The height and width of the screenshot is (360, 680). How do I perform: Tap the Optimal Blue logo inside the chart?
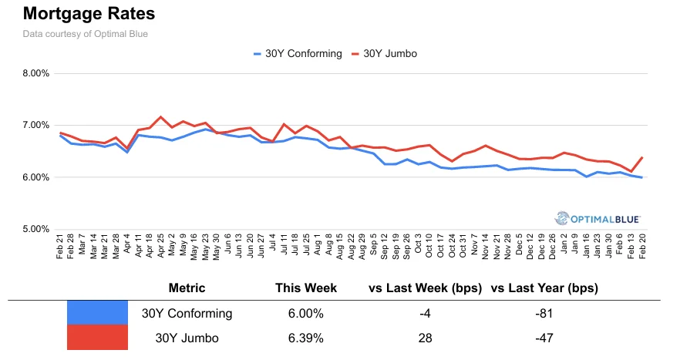coord(601,218)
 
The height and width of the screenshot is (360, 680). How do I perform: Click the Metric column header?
coord(187,288)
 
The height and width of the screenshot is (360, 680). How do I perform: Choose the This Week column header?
coord(306,288)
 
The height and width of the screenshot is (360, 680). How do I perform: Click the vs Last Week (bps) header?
coord(426,288)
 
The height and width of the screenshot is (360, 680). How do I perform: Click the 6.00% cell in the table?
coord(306,313)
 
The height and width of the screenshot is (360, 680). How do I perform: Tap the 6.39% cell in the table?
coord(306,338)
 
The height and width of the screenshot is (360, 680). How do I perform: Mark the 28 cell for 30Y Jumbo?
coord(426,338)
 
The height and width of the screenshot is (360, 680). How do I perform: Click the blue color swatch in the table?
coord(97,312)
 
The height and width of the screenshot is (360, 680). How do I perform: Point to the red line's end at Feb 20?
coord(641,157)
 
